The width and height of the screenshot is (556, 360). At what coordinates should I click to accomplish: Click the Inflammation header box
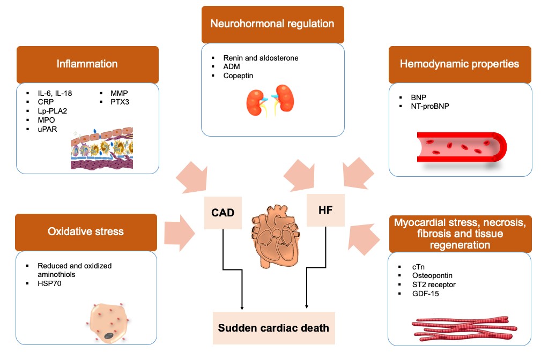point(87,64)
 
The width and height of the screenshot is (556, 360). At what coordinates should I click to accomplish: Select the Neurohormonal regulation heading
point(272,24)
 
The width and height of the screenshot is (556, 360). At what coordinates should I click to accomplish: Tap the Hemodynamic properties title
point(459,64)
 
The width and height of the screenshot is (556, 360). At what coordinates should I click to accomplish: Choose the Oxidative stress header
point(86,232)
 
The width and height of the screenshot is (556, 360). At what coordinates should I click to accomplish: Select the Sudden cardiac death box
point(274,327)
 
